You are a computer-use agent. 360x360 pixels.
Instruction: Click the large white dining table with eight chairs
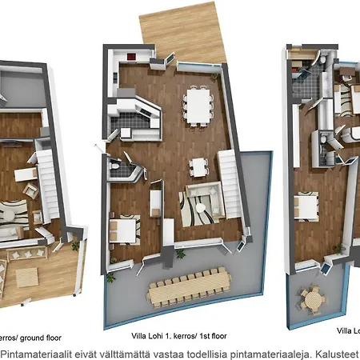[197, 102]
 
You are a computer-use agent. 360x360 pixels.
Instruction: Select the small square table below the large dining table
[198, 166]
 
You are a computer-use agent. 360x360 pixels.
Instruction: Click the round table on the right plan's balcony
[312, 301]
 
